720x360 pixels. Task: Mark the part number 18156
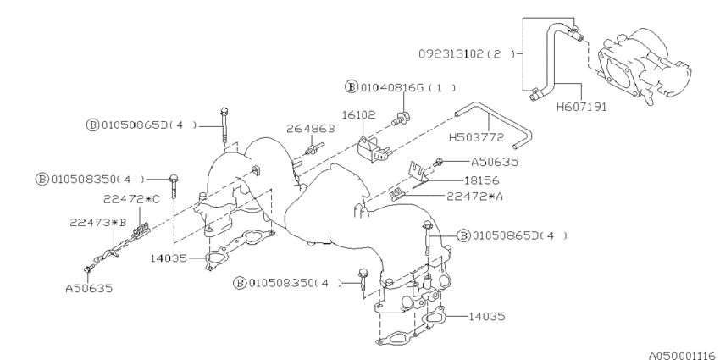(x=480, y=180)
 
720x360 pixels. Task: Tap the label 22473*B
(x=98, y=223)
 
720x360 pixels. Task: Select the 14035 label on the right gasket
(x=486, y=316)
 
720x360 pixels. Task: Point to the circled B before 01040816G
(x=351, y=86)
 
